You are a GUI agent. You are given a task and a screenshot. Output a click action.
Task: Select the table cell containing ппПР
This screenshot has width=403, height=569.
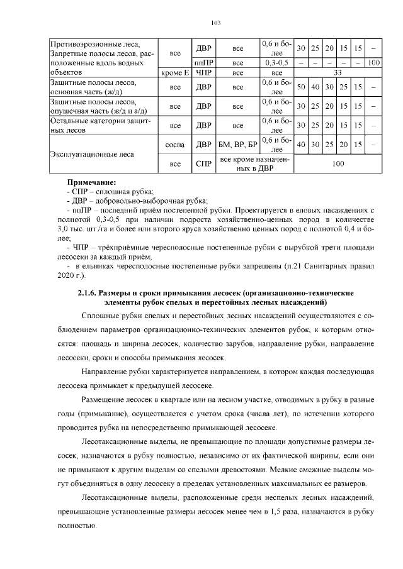click(x=203, y=63)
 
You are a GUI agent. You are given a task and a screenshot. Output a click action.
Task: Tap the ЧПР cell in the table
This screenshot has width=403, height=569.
click(x=203, y=73)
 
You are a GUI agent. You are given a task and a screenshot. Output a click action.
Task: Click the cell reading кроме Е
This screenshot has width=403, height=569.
click(x=174, y=73)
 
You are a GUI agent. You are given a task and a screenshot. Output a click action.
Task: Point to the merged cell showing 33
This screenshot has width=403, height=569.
click(x=338, y=73)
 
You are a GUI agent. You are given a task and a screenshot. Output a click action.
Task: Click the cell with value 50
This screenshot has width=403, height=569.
click(x=301, y=87)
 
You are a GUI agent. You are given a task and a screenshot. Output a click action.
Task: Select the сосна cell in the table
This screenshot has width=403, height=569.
click(x=174, y=145)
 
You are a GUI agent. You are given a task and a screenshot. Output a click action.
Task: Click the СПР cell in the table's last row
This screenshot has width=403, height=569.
click(x=203, y=164)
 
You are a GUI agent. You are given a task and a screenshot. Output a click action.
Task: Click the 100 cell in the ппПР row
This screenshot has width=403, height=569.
click(x=373, y=63)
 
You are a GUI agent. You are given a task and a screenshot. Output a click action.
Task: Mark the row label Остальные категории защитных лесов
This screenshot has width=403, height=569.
click(x=101, y=125)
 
